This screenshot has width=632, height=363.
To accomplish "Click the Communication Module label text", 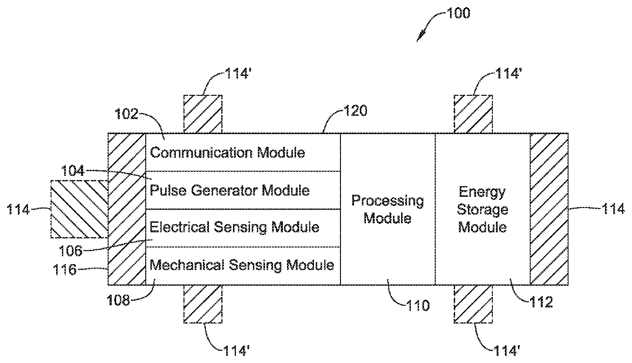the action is point(227,153).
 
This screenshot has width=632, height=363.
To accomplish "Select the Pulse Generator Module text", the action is point(230,191).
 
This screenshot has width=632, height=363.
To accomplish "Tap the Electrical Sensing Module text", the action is point(234,227).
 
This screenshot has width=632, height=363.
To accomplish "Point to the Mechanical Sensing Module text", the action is point(242,265).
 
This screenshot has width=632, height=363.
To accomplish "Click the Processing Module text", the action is point(388,210).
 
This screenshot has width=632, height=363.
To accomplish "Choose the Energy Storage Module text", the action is point(483,210).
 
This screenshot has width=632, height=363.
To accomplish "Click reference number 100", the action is point(459,13).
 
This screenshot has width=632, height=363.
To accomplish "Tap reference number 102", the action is point(126,114).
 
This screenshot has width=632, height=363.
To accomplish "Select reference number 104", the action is point(73,171).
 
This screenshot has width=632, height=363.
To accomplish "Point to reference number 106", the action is point(70,251).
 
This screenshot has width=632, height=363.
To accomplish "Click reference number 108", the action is point(118,300).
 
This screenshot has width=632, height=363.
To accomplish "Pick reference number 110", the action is point(418,305).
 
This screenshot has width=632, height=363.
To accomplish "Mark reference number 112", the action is point(541,302).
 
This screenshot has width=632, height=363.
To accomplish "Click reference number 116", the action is point(65,270).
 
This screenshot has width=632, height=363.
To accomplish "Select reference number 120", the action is point(356,110).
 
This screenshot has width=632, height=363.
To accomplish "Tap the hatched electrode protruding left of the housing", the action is point(80,209).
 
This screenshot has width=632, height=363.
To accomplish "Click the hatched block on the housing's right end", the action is point(549,209).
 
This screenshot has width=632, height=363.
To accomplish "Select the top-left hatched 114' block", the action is point(203,114).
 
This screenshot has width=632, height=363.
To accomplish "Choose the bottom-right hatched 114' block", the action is point(473,304).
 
